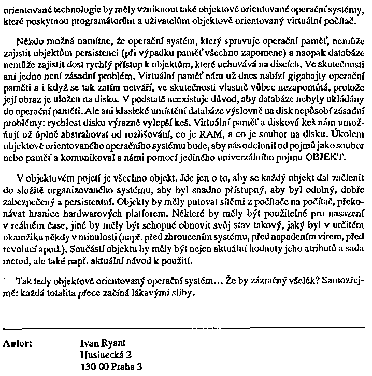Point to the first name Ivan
tap(89, 343)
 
